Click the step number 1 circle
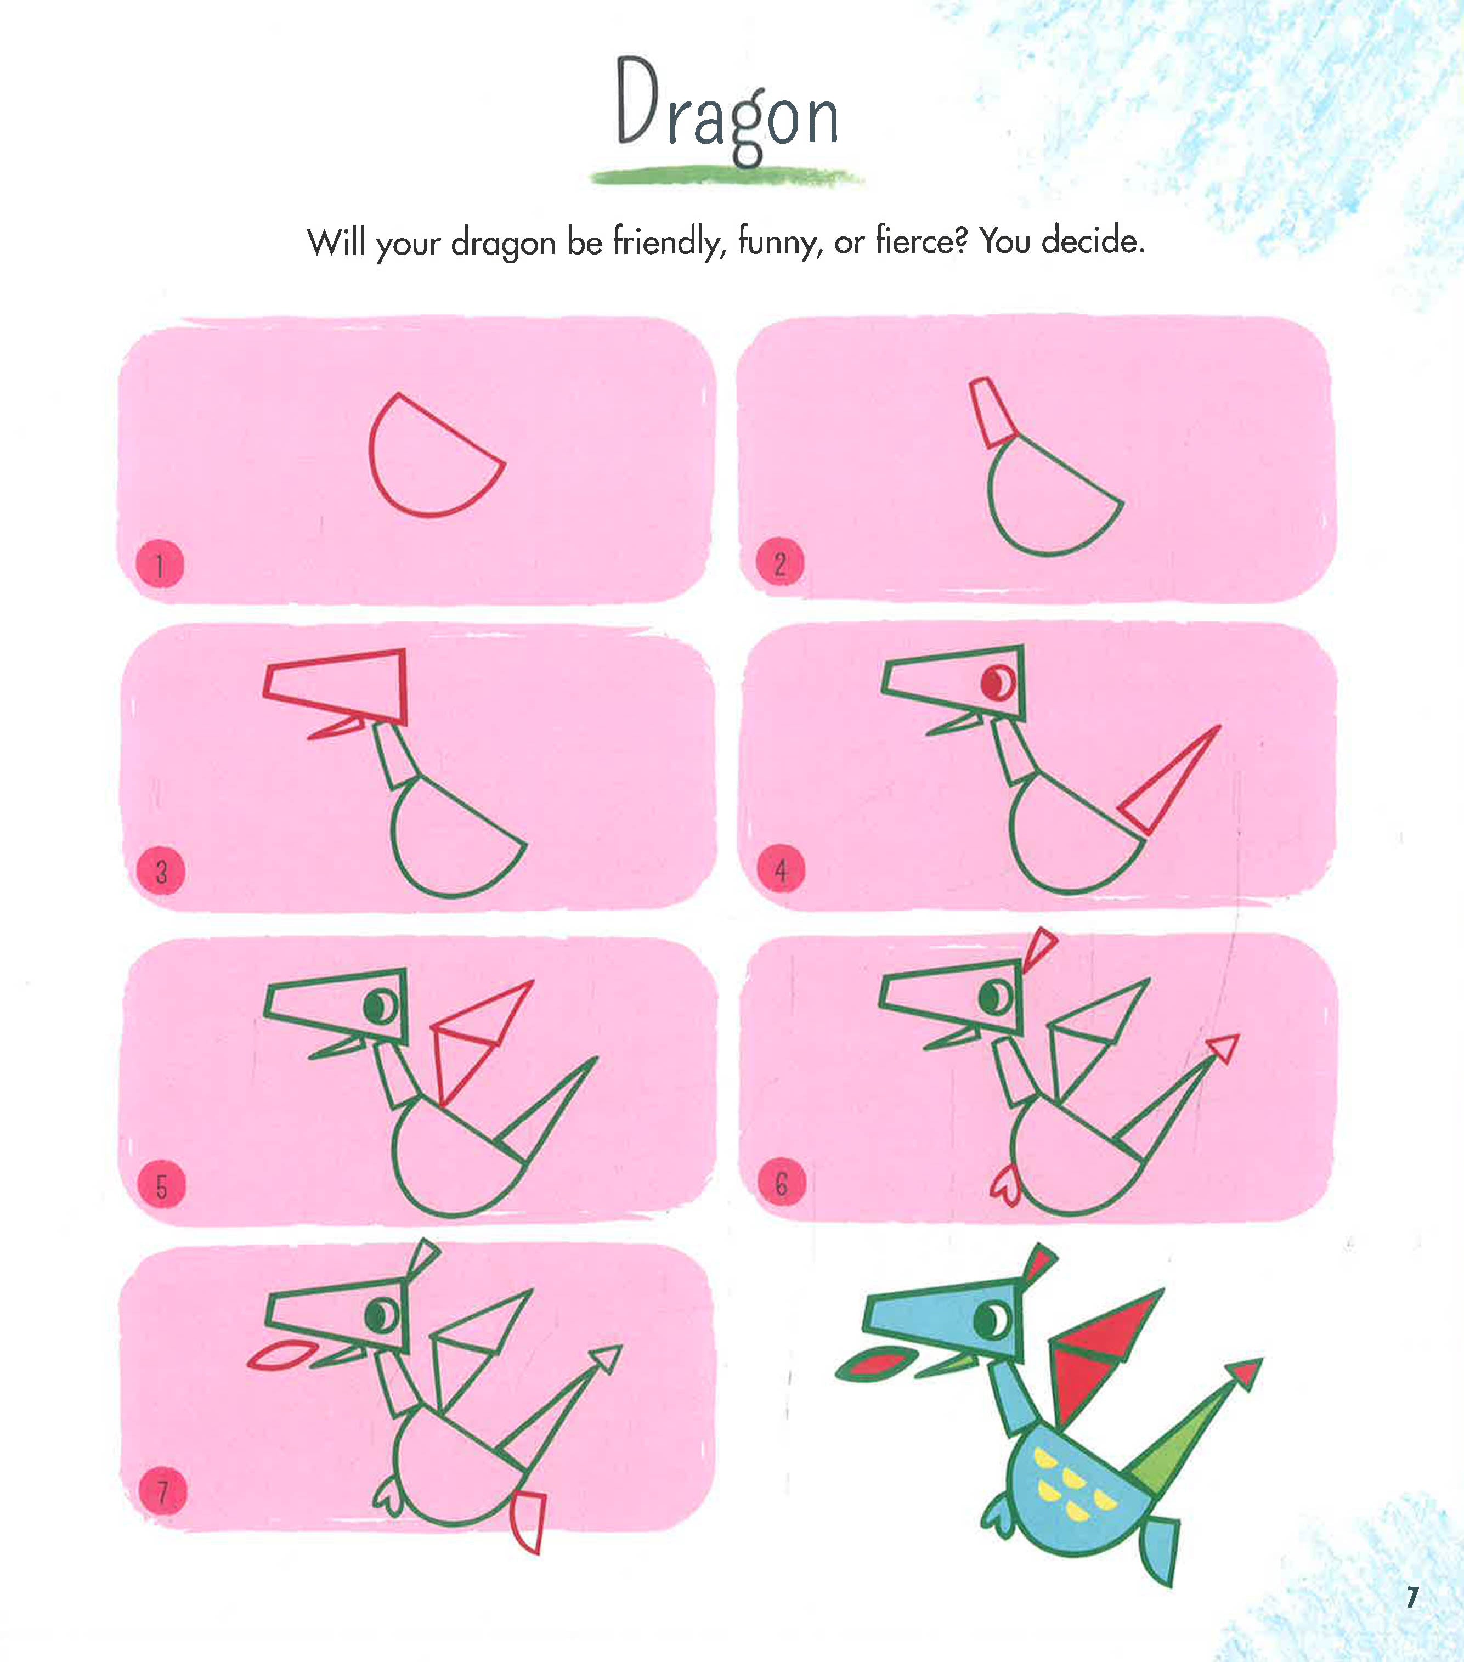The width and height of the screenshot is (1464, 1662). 160,564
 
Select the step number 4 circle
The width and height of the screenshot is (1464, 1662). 781,870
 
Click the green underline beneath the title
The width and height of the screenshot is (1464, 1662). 726,176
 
